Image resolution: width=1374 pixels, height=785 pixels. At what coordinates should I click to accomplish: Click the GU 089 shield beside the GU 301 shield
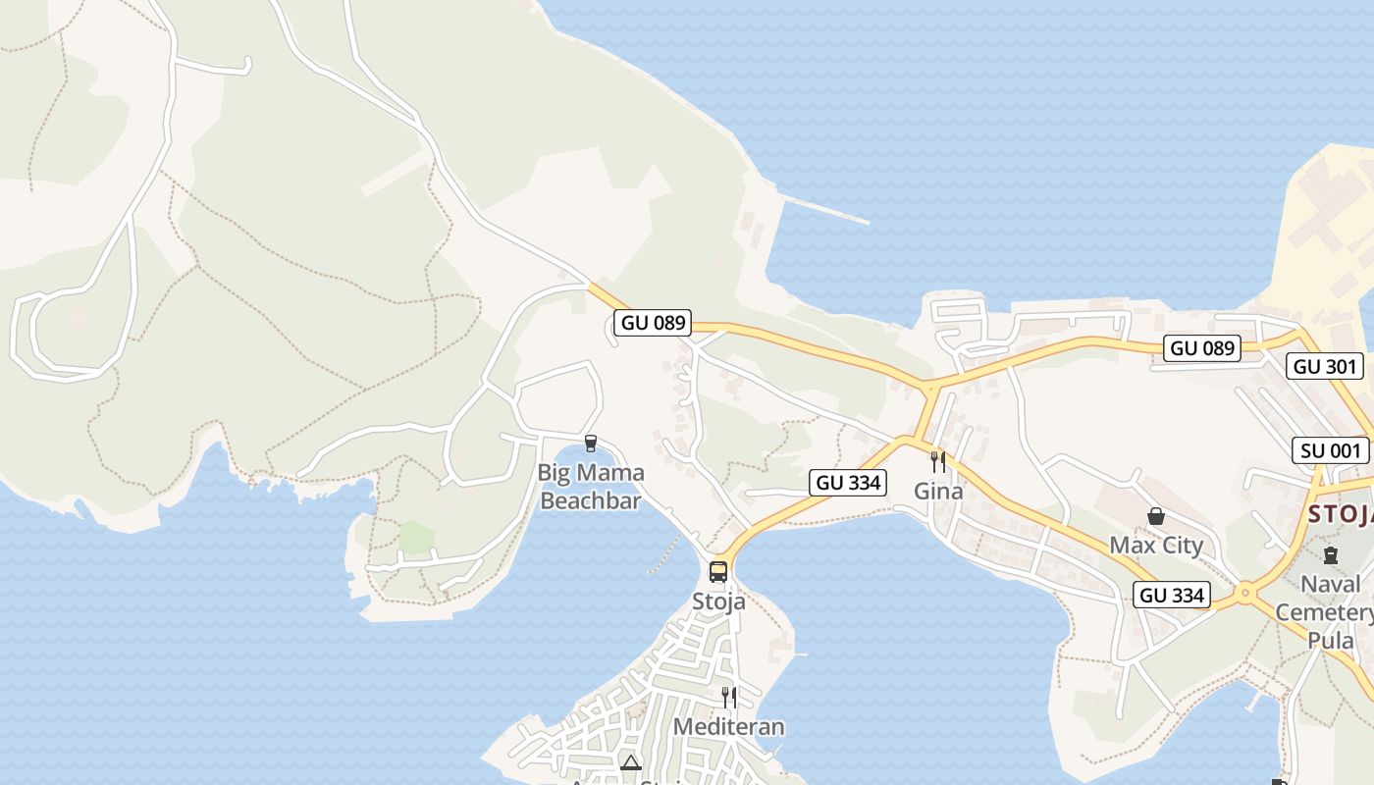[1202, 347]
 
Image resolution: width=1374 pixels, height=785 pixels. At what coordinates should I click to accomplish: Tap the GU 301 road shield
[1324, 366]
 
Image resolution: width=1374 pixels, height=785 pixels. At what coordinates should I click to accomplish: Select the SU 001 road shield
[1330, 450]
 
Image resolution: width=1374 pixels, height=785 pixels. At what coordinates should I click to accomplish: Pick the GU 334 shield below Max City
[1172, 595]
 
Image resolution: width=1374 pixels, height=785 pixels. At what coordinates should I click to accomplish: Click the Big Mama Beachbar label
[591, 487]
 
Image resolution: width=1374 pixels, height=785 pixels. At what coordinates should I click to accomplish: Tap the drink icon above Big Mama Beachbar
[591, 444]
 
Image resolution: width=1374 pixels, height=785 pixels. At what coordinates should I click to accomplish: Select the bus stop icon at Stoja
[718, 571]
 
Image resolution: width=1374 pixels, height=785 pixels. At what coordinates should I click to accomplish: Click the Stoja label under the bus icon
[718, 602]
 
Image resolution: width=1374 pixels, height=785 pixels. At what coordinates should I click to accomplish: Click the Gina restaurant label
[938, 491]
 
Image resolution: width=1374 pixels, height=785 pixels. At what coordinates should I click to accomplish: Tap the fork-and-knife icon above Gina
[938, 461]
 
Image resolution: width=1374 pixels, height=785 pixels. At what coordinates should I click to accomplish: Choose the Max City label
[1156, 546]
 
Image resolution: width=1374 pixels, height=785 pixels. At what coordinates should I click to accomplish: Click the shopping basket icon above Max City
[1156, 516]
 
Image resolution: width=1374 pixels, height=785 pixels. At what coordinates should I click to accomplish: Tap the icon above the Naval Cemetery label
[1330, 555]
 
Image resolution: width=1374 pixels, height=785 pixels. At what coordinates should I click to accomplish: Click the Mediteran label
[728, 727]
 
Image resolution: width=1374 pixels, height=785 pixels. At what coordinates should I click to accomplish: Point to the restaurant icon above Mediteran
[728, 697]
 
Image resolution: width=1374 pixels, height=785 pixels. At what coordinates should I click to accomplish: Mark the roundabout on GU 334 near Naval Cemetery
[1245, 592]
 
